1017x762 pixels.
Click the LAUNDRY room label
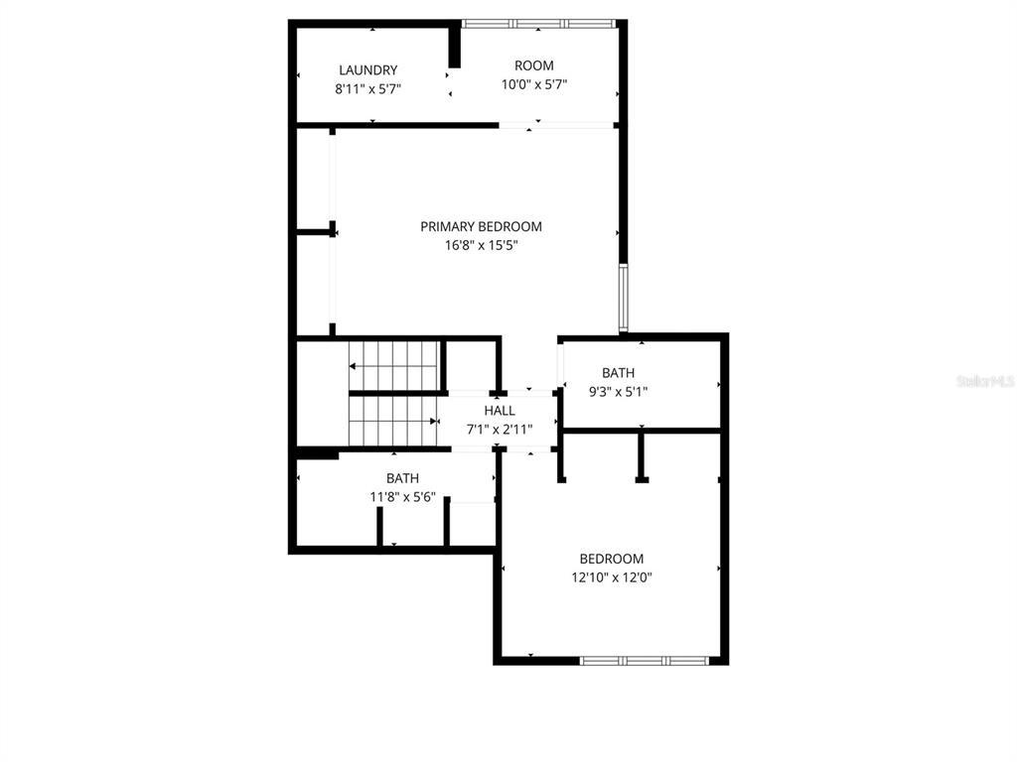tap(367, 70)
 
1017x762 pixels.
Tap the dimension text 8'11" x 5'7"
tap(367, 88)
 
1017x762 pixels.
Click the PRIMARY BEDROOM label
tap(481, 227)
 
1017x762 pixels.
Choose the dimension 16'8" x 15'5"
tap(481, 245)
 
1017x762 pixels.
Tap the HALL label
tap(500, 411)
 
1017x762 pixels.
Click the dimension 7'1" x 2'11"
tap(500, 429)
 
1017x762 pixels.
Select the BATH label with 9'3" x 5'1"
tap(618, 373)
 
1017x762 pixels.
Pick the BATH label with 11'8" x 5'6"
tap(402, 478)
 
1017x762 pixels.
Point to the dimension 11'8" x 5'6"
tap(402, 496)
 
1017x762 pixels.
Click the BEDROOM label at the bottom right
tap(611, 559)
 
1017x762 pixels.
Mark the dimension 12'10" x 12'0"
tap(611, 576)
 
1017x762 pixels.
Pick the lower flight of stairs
tap(394, 421)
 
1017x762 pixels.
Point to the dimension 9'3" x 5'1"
tap(618, 391)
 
